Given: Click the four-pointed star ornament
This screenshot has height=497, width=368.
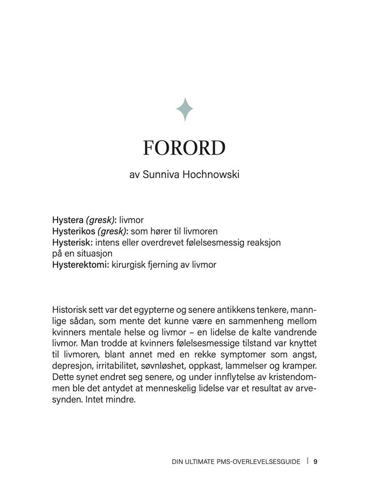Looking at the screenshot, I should (185, 109).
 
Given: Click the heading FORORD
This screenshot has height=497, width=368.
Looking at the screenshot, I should (184, 148).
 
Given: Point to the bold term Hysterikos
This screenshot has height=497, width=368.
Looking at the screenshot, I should (74, 231).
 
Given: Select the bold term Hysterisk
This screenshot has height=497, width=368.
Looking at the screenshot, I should (72, 242).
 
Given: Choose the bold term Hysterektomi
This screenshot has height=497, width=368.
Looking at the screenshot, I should (80, 265).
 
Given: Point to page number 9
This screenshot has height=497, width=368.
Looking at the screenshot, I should (315, 461).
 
